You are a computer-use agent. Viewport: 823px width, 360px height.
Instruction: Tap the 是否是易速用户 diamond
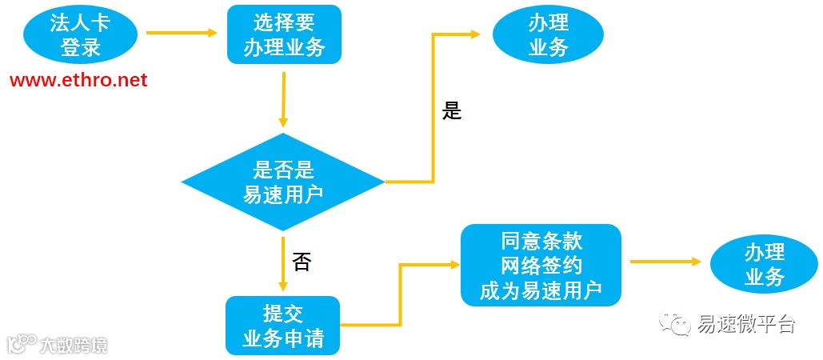pyautogui.click(x=283, y=182)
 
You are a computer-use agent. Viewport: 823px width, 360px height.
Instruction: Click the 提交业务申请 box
pyautogui.click(x=283, y=326)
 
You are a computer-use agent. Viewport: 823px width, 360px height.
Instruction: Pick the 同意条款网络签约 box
pyautogui.click(x=541, y=265)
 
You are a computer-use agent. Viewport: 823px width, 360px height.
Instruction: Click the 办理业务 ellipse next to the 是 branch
pyautogui.click(x=548, y=36)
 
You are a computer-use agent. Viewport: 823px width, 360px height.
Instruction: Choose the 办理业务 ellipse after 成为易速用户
pyautogui.click(x=765, y=265)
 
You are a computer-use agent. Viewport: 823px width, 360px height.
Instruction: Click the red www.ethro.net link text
pyautogui.click(x=78, y=80)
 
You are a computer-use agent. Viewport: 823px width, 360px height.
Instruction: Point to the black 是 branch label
pyautogui.click(x=452, y=111)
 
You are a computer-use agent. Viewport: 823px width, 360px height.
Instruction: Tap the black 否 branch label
pyautogui.click(x=302, y=262)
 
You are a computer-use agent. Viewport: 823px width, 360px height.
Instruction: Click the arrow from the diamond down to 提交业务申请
pyautogui.click(x=283, y=264)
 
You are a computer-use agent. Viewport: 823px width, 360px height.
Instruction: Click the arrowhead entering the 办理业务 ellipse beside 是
pyautogui.click(x=475, y=34)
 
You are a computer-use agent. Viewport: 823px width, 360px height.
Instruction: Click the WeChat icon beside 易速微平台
pyautogui.click(x=677, y=324)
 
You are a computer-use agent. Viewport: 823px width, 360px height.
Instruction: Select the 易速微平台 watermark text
pyautogui.click(x=745, y=324)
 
